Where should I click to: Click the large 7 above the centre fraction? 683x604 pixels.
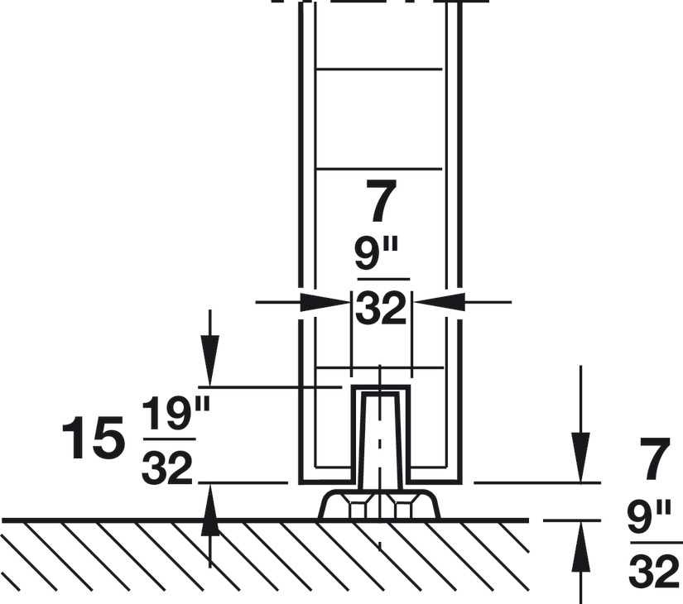pos(381,201)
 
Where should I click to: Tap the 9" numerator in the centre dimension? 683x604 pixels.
pos(377,255)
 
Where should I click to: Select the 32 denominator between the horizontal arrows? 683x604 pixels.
pos(381,309)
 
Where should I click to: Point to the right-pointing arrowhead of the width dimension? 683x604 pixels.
pos(325,302)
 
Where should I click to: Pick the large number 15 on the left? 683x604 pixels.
pos(90,438)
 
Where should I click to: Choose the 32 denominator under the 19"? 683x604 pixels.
pos(167,468)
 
